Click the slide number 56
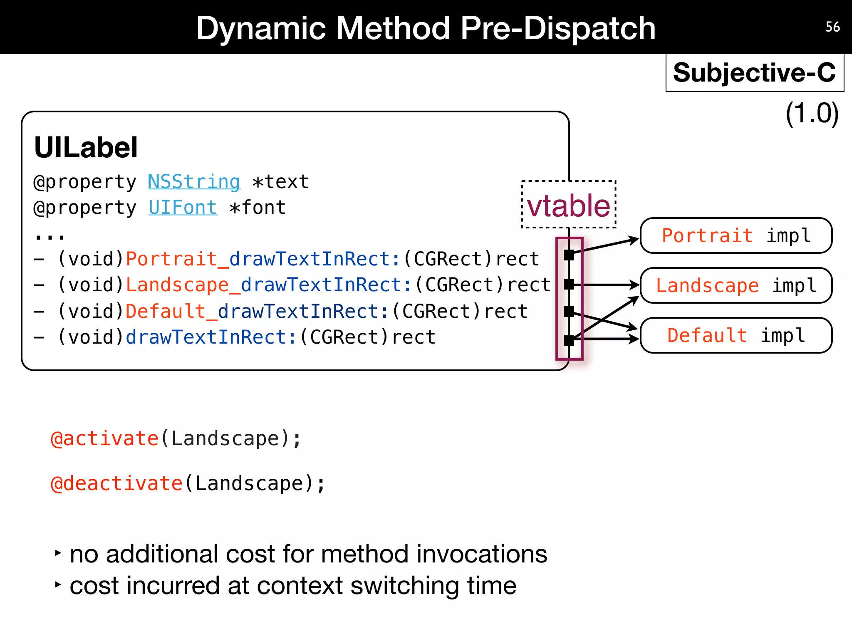(x=832, y=27)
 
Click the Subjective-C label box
(x=754, y=73)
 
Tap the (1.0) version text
(x=812, y=113)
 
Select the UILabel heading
(x=86, y=147)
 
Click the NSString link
(x=194, y=182)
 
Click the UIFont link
(x=183, y=208)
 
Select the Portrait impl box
(x=736, y=236)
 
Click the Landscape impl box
(x=736, y=286)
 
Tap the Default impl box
(x=736, y=336)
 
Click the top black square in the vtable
(x=569, y=255)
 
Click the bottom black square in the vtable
(x=569, y=341)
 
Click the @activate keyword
(x=104, y=439)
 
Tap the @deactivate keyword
(x=116, y=484)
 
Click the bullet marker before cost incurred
(x=58, y=585)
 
